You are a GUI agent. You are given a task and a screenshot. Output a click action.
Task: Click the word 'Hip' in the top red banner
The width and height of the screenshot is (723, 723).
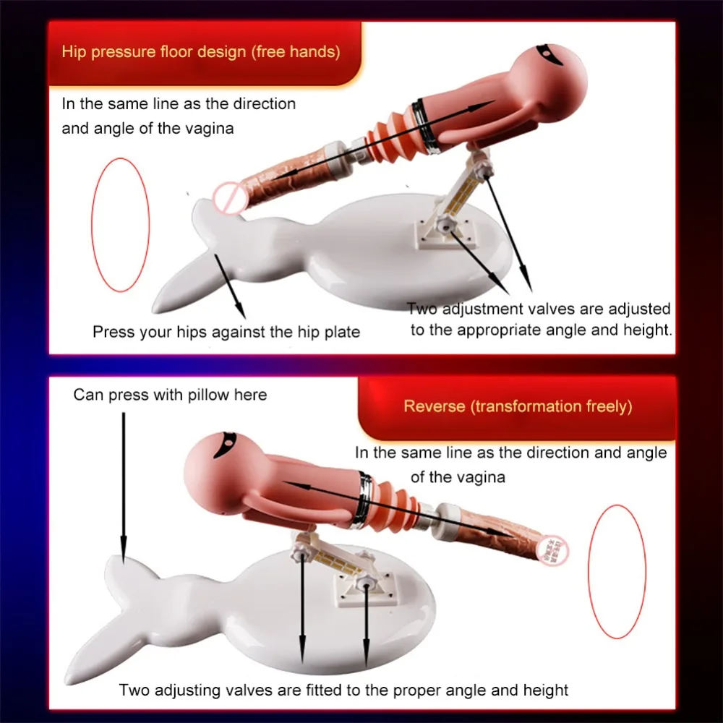pyautogui.click(x=74, y=51)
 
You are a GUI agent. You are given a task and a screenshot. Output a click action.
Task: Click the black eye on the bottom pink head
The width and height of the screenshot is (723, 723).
pyautogui.click(x=226, y=444)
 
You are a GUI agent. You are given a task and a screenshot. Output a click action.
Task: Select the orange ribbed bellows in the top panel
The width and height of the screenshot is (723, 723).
pyautogui.click(x=390, y=137)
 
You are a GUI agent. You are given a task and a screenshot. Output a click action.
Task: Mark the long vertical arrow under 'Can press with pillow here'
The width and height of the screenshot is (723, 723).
pyautogui.click(x=124, y=488)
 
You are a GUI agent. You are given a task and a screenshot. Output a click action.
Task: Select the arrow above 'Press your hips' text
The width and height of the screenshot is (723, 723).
pyautogui.click(x=230, y=286)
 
